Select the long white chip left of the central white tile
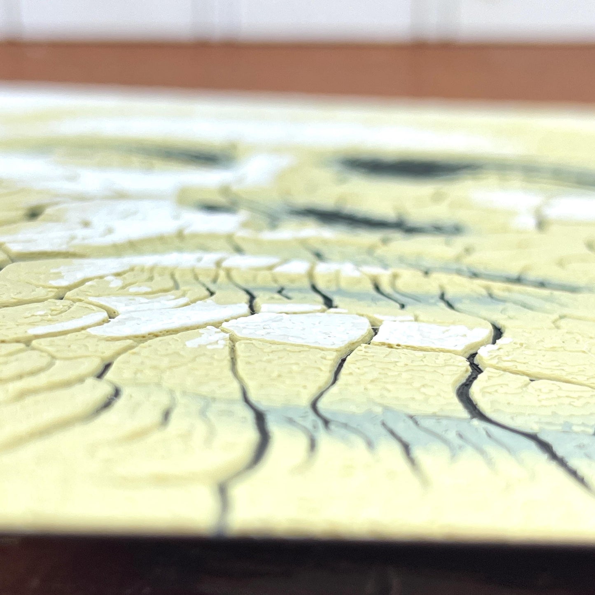(165, 317)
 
